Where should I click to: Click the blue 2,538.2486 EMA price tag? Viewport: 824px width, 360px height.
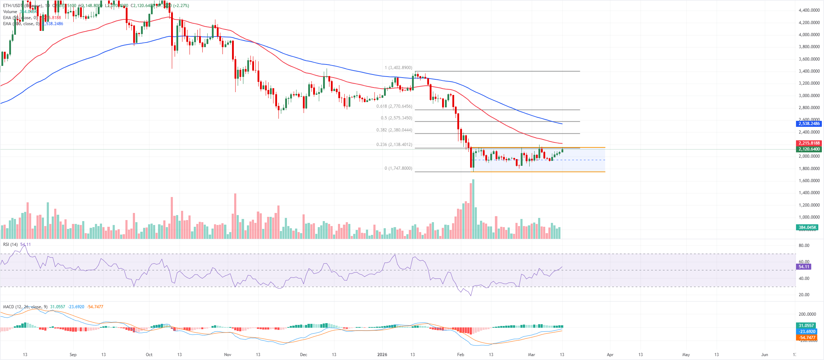[809, 124]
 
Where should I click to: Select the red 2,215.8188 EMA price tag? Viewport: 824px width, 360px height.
[809, 143]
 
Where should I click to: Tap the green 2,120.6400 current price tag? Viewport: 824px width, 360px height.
[809, 149]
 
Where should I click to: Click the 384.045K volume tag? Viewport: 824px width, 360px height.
[807, 227]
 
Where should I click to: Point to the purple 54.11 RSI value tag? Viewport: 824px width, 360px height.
[804, 267]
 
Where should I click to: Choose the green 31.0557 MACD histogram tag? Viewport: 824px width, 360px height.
[806, 326]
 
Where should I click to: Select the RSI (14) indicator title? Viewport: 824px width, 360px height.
[10, 244]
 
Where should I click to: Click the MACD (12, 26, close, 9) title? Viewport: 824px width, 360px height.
[25, 307]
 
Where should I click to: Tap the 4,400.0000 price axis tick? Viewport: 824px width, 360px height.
[809, 10]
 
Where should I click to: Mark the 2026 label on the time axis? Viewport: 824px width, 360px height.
[382, 354]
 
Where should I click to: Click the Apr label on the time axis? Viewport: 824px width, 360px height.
[610, 354]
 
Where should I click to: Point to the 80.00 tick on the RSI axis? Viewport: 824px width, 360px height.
[804, 245]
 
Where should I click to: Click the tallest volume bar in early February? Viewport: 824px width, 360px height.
[473, 209]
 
